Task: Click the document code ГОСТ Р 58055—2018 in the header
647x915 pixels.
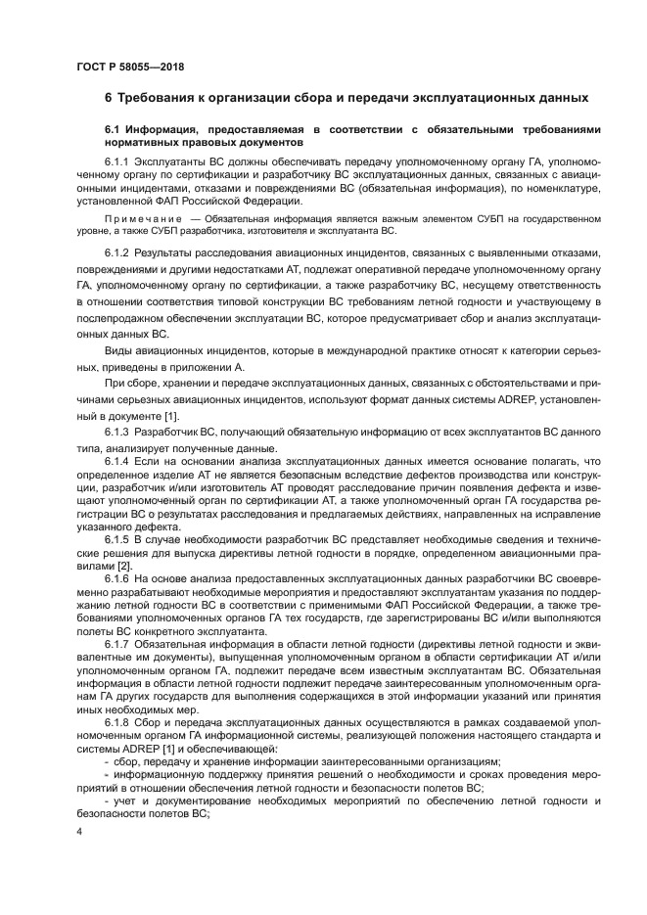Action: (129, 67)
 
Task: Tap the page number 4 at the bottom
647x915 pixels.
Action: (79, 832)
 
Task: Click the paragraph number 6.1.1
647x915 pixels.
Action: (117, 159)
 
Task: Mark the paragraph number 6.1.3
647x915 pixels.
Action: (117, 432)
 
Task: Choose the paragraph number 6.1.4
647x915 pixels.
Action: (117, 459)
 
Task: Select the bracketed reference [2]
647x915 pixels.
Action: (124, 567)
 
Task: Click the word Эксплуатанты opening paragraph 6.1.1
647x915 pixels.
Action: (170, 159)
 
